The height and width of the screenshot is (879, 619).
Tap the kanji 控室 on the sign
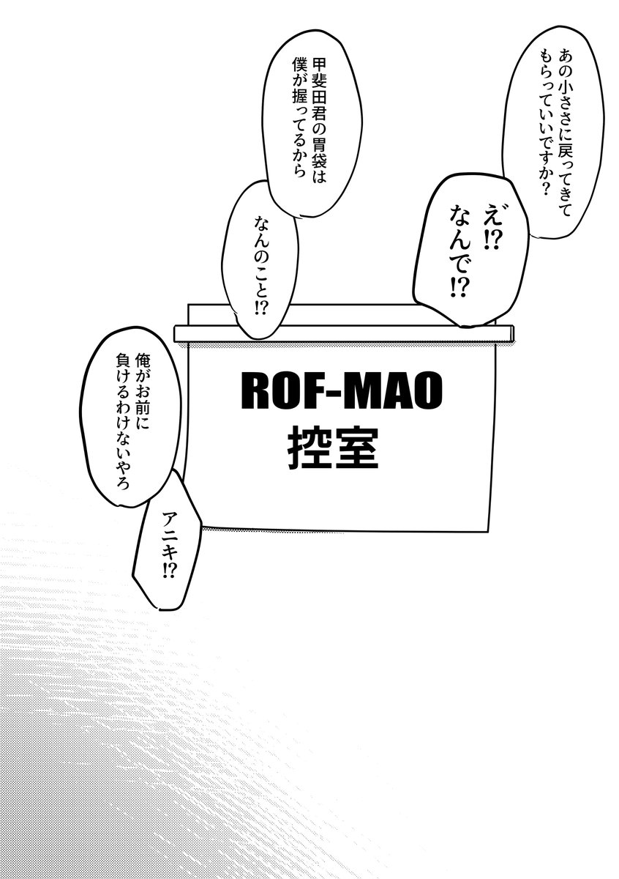coord(334,448)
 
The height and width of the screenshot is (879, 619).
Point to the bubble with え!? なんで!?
coord(470,251)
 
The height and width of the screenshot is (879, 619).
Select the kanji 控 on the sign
coord(310,448)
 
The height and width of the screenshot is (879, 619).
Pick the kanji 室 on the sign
coord(358,448)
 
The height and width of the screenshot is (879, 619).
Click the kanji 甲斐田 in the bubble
coord(320,82)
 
